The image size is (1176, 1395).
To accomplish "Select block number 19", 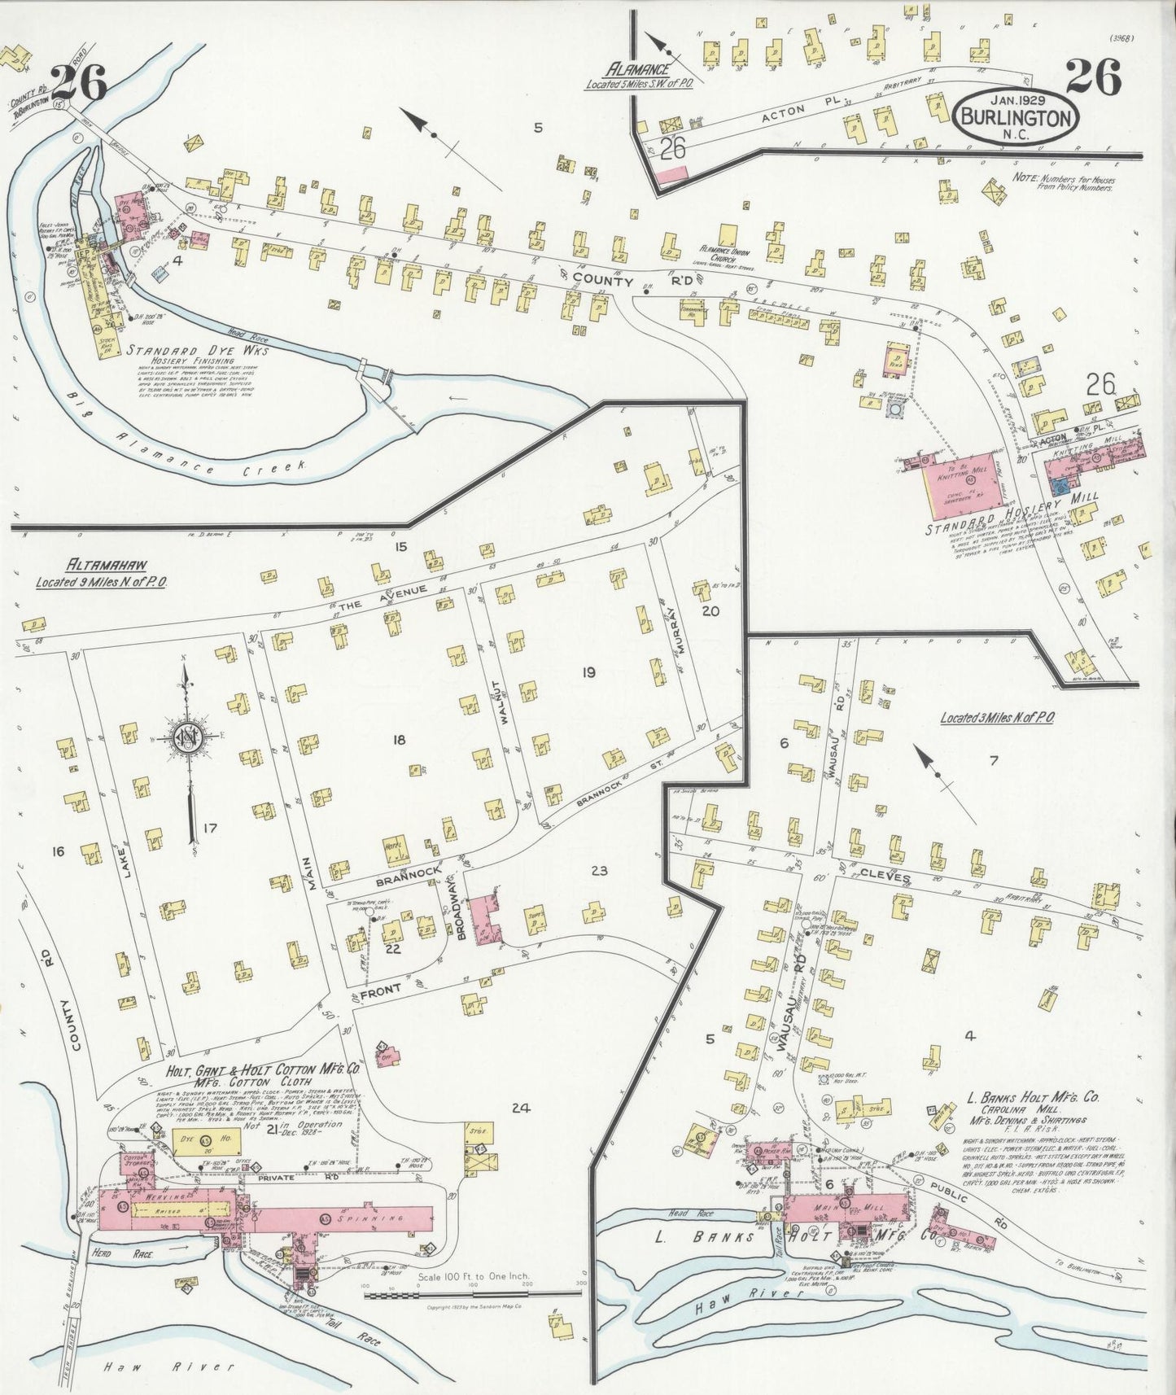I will coord(588,672).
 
